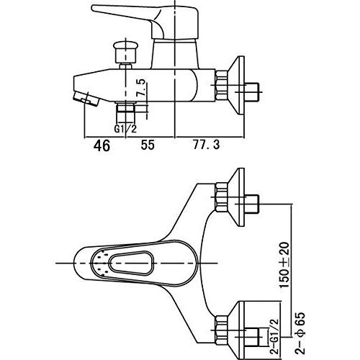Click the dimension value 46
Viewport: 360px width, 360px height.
coord(102,145)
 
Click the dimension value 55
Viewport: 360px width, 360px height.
coord(148,145)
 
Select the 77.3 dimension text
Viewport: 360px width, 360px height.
coord(207,145)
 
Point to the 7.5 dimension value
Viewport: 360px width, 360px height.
coord(141,88)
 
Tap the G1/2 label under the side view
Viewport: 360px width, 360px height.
coord(125,129)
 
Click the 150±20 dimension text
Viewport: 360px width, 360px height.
coord(284,265)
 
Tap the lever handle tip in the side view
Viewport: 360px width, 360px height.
coord(94,8)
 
